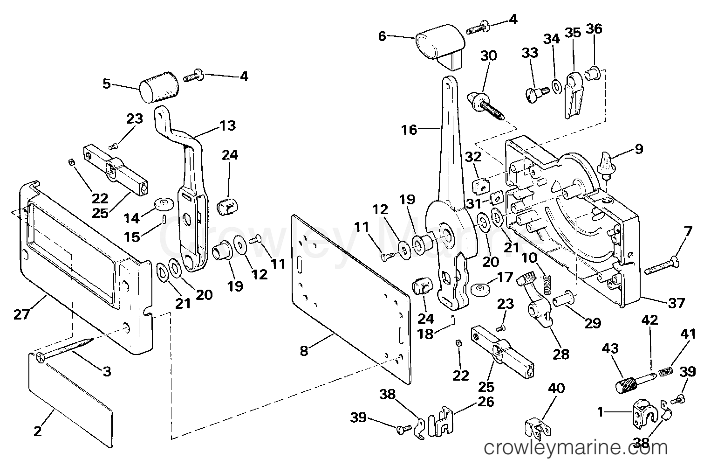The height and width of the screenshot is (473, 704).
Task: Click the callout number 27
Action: click(21, 314)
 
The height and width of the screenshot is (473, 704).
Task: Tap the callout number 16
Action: click(409, 130)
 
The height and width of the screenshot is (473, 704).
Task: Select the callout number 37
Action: click(677, 303)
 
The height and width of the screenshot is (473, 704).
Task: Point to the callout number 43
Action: click(610, 348)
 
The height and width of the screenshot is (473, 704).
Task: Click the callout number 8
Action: click(304, 351)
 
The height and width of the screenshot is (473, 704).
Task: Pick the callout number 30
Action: click(488, 56)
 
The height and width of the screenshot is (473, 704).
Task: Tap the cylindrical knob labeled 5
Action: click(159, 87)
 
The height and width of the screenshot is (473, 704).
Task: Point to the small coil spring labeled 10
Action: click(547, 284)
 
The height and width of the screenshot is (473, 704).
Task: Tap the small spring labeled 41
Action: click(666, 372)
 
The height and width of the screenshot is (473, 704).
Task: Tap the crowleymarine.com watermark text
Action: click(575, 447)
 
